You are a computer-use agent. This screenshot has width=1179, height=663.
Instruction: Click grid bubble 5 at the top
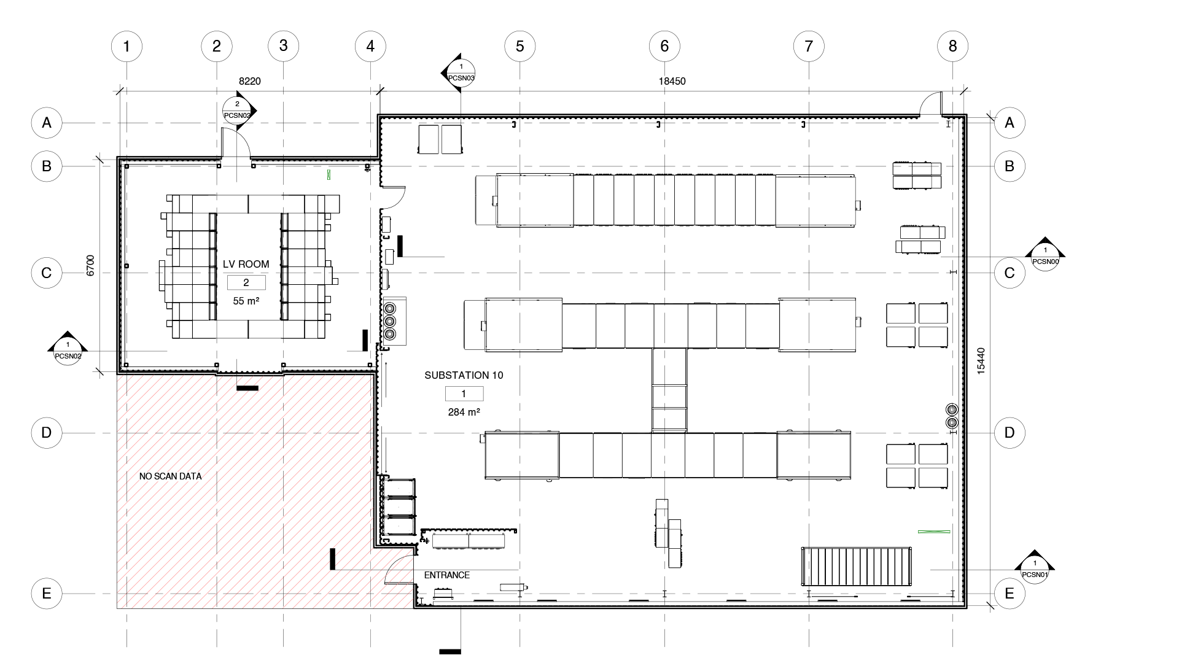[x=519, y=46]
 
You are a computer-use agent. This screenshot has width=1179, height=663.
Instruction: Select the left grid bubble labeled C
[x=47, y=273]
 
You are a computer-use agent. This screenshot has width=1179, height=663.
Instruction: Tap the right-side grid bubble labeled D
[x=1009, y=433]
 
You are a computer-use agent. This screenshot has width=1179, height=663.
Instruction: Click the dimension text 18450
[x=672, y=81]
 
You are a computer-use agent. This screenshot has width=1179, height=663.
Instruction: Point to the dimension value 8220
[x=249, y=81]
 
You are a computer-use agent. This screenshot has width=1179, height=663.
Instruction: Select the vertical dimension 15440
[x=981, y=361]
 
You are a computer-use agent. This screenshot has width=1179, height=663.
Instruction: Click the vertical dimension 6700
[x=90, y=265]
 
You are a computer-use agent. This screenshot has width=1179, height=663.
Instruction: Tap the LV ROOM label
[x=246, y=264]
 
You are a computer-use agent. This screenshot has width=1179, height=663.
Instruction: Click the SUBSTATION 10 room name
[x=464, y=375]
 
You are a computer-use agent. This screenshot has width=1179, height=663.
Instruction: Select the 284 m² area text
[x=464, y=412]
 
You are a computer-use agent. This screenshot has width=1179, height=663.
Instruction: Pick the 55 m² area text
[x=246, y=301]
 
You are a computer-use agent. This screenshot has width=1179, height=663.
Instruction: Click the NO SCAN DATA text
[x=170, y=476]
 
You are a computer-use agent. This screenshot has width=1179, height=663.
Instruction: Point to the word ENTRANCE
[x=446, y=575]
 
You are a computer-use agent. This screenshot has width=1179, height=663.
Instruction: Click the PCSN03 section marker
[x=460, y=73]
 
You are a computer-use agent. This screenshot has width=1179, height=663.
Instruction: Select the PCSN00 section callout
[x=1045, y=256]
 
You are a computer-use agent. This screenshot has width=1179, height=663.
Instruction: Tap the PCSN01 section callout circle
[x=1034, y=569]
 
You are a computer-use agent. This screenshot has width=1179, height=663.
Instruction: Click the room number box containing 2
[x=246, y=282]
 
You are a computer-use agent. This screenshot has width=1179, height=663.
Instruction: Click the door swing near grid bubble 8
[x=931, y=104]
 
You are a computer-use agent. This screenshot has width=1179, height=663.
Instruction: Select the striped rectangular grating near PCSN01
[x=856, y=567]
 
